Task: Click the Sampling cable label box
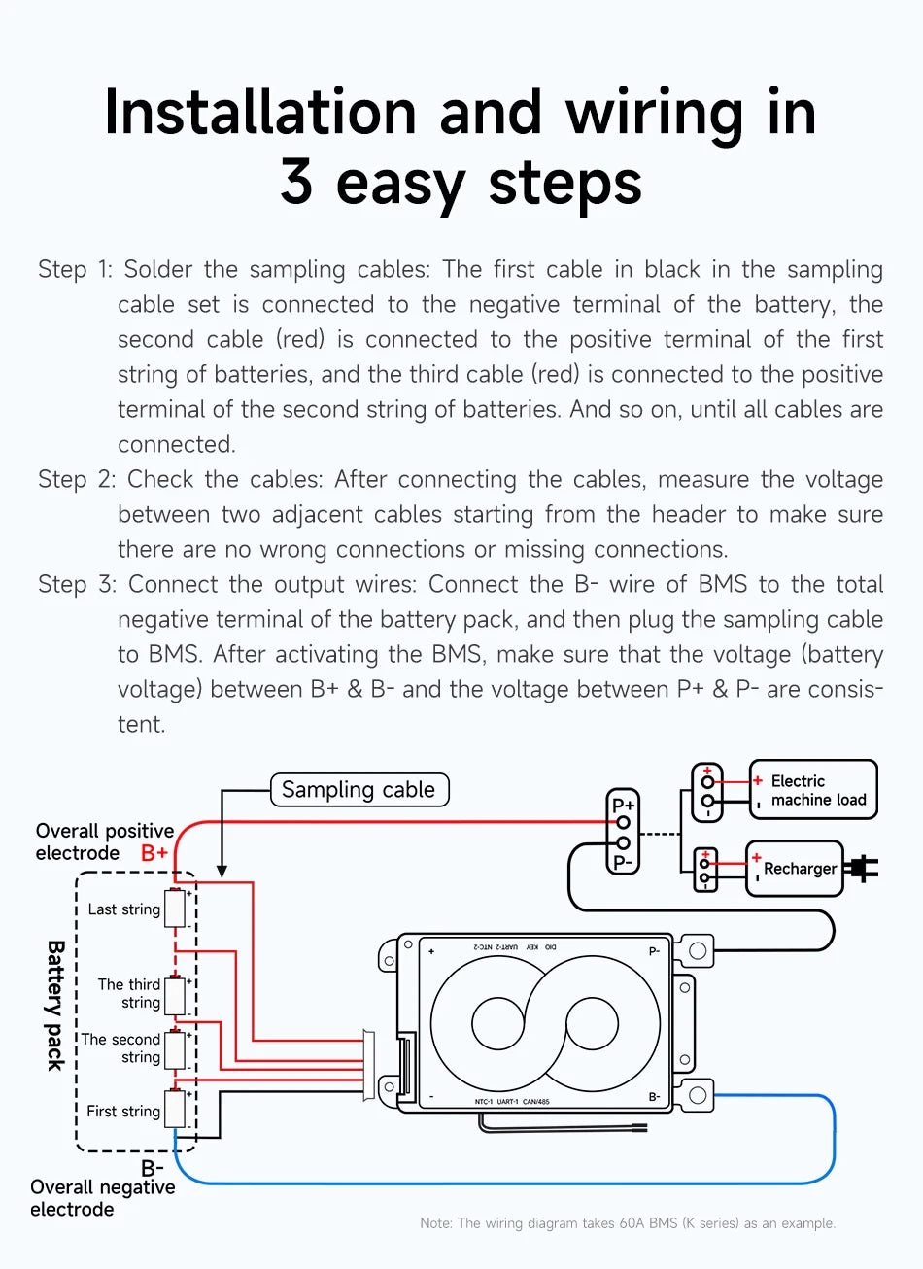pyautogui.click(x=359, y=790)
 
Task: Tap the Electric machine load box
pyautogui.click(x=813, y=790)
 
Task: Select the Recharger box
pyautogui.click(x=794, y=868)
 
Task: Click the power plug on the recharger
pyautogui.click(x=861, y=868)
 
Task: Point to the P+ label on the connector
pyautogui.click(x=623, y=805)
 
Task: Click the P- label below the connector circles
pyautogui.click(x=623, y=862)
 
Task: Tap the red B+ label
pyautogui.click(x=154, y=853)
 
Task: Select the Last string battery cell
pyautogui.click(x=175, y=909)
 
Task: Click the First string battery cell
pyautogui.click(x=175, y=1109)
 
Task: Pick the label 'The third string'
pyautogui.click(x=130, y=993)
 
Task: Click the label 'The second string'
pyautogui.click(x=121, y=1047)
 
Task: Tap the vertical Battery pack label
pyautogui.click(x=56, y=1005)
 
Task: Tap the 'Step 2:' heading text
pyautogui.click(x=76, y=479)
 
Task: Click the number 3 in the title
pyautogui.click(x=296, y=182)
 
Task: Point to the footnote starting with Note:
pyautogui.click(x=628, y=1223)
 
